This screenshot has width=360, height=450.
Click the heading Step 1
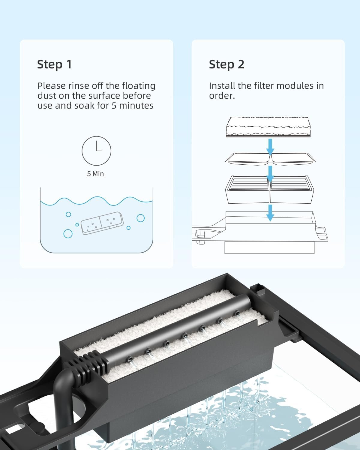pos(54,64)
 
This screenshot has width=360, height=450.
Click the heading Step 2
pos(226,64)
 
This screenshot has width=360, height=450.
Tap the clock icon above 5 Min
pos(96,151)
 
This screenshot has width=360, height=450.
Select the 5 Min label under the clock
pos(95,174)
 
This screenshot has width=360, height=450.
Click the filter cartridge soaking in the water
pos(102,223)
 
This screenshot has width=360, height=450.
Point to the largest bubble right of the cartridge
pos(141,218)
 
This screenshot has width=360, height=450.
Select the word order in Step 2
pos(222,96)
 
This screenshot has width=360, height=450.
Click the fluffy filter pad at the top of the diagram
pos(268,127)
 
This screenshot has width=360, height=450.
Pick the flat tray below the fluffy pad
pos(271,159)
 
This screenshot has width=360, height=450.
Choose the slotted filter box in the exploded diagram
pos(269,190)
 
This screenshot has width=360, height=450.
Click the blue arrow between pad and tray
pos(270,147)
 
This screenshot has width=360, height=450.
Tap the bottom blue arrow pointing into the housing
pos(270,213)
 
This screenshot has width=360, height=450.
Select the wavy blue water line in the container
pos(96,201)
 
